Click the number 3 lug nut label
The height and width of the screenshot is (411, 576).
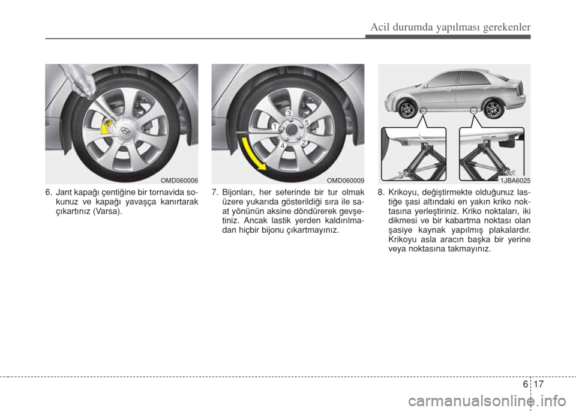click(x=289, y=113)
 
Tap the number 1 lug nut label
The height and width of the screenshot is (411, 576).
click(x=274, y=127)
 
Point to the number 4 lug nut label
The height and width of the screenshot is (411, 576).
click(x=284, y=146)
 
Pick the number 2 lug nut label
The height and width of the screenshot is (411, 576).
click(x=304, y=142)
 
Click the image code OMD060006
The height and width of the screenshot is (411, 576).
click(x=180, y=181)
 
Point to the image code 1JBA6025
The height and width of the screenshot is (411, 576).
click(x=514, y=181)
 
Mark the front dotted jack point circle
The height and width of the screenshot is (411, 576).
click(x=424, y=110)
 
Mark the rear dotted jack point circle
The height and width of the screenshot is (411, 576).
click(x=474, y=110)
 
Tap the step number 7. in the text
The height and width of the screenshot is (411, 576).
click(x=215, y=193)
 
